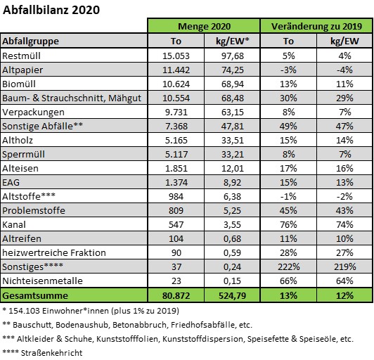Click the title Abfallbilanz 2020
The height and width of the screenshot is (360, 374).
click(x=51, y=10)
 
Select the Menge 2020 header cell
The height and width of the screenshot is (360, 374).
click(x=204, y=26)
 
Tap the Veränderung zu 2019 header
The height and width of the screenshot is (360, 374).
click(x=316, y=26)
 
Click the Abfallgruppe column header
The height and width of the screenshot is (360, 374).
click(x=30, y=41)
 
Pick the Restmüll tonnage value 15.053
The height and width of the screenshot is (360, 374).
click(x=176, y=56)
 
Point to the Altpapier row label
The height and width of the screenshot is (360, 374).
click(x=22, y=70)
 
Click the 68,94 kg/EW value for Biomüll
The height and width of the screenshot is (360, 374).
click(x=232, y=84)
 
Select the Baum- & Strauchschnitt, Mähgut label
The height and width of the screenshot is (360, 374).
click(x=72, y=98)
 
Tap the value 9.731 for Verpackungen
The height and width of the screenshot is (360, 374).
click(x=176, y=112)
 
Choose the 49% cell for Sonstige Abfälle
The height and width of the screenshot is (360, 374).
click(x=288, y=126)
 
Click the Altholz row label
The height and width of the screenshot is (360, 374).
click(x=18, y=141)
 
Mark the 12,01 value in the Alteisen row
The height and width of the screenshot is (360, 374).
click(x=232, y=169)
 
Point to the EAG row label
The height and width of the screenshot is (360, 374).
click(x=11, y=183)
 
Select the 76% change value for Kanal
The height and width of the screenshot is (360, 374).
click(x=288, y=225)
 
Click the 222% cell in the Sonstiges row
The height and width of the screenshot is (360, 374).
click(x=288, y=266)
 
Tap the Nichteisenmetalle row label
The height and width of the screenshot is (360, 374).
click(x=42, y=281)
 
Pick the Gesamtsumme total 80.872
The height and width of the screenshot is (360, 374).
click(x=176, y=296)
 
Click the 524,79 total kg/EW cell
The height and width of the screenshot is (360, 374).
click(x=232, y=296)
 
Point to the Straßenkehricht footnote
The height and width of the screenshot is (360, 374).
click(x=42, y=353)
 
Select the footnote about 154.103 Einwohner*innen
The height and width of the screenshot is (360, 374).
click(x=91, y=311)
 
